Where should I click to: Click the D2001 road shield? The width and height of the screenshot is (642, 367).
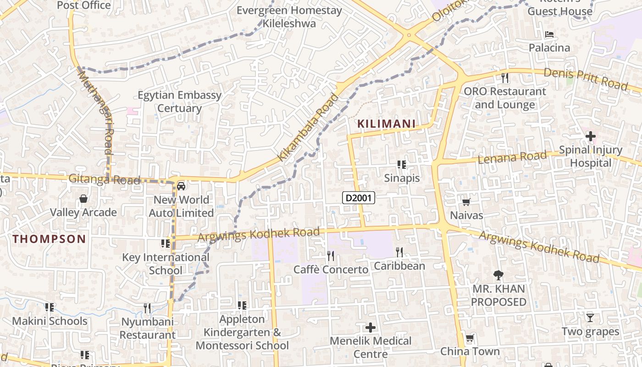click(359, 198)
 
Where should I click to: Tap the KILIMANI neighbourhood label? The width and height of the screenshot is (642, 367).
click(386, 124)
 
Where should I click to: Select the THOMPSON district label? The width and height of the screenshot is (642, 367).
click(49, 239)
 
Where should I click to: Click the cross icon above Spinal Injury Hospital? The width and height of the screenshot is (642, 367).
click(590, 136)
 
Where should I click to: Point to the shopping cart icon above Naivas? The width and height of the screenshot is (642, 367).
click(466, 202)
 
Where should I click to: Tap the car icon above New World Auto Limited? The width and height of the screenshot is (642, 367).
click(181, 186)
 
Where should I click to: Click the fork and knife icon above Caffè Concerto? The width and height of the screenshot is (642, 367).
click(330, 256)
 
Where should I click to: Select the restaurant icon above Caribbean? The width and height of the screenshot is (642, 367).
click(399, 252)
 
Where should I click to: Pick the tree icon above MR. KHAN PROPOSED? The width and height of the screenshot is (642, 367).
click(498, 275)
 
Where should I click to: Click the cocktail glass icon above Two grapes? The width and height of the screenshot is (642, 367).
click(590, 317)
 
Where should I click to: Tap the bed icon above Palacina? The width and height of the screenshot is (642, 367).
click(549, 34)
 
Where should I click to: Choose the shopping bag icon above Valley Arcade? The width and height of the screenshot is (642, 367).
click(83, 199)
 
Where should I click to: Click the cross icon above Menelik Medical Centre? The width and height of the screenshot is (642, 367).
click(370, 328)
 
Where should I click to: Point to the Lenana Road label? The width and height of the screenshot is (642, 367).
click(512, 157)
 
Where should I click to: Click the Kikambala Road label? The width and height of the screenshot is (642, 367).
click(308, 128)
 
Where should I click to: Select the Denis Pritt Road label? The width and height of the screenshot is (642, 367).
click(586, 79)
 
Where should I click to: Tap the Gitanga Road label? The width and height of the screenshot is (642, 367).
click(104, 179)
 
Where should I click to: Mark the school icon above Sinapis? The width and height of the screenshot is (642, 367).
click(402, 164)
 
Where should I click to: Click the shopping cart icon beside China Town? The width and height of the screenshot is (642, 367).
click(470, 339)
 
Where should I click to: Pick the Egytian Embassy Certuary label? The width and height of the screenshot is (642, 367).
click(179, 102)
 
